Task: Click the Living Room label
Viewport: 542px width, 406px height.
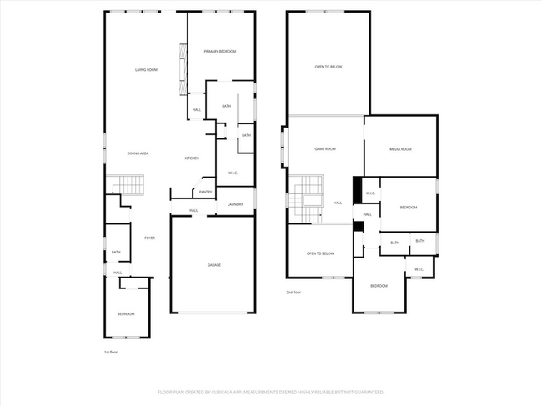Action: point(146,70)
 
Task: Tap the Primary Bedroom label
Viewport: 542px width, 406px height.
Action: point(220,52)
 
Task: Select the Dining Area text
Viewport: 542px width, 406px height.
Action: point(138,153)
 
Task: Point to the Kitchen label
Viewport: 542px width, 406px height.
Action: point(191,158)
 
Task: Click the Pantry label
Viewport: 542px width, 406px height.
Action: point(205,192)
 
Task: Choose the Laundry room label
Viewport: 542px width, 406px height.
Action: point(235,204)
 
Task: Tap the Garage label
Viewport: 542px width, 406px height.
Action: point(214,265)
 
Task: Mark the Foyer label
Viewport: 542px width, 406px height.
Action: point(149,238)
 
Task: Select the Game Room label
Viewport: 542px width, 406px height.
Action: point(324,149)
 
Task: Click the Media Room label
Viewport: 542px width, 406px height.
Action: point(400,149)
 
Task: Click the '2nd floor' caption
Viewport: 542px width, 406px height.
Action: point(293,293)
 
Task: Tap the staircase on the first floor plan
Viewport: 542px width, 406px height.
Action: point(127,184)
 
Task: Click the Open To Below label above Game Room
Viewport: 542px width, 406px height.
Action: point(328,67)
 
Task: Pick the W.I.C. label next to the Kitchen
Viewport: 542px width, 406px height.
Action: point(233,173)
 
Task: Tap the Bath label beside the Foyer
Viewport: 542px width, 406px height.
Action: point(116,252)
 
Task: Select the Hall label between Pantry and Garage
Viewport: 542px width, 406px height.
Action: point(193,210)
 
